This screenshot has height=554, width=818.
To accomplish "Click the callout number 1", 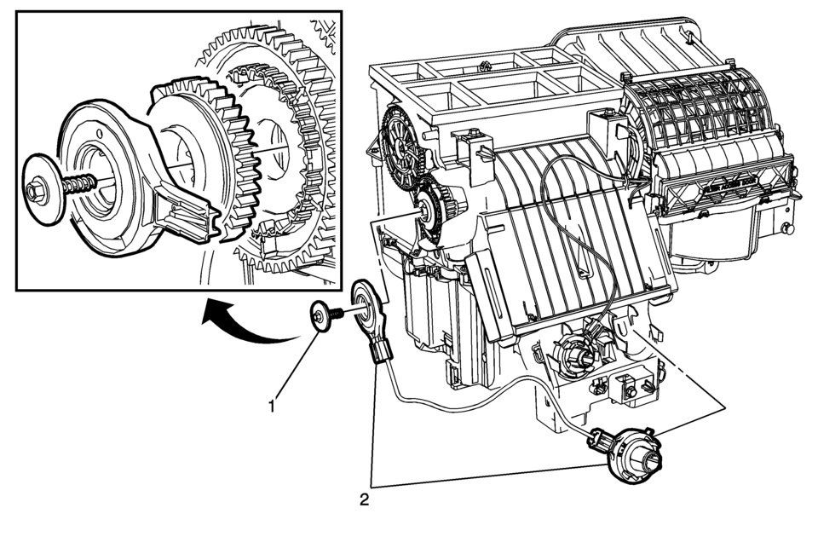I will (272, 407).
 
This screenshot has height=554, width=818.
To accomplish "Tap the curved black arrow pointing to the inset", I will (247, 328).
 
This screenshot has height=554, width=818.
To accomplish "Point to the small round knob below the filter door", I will (783, 228).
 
